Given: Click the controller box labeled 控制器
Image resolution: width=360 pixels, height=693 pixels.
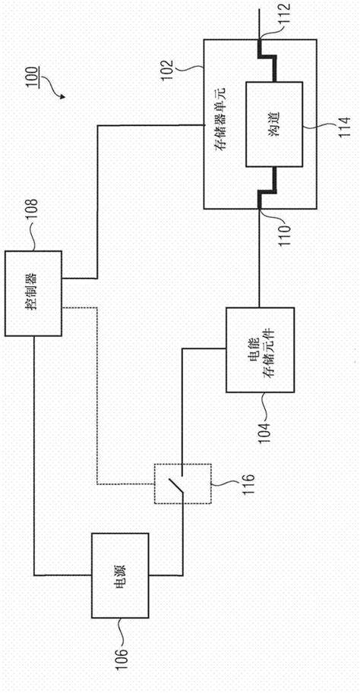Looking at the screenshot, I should [x=35, y=293].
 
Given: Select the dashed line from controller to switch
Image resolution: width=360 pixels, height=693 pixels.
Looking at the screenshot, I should [x=97, y=395].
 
